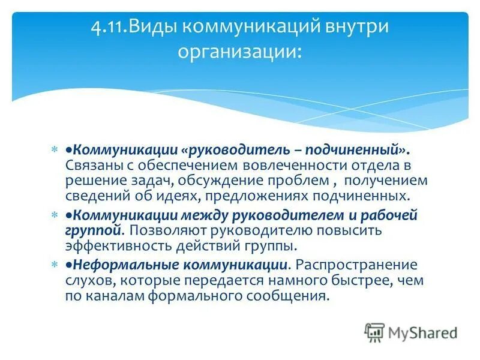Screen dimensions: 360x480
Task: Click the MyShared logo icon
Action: coord(374,332)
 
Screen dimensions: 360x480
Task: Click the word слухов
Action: coord(84,280)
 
